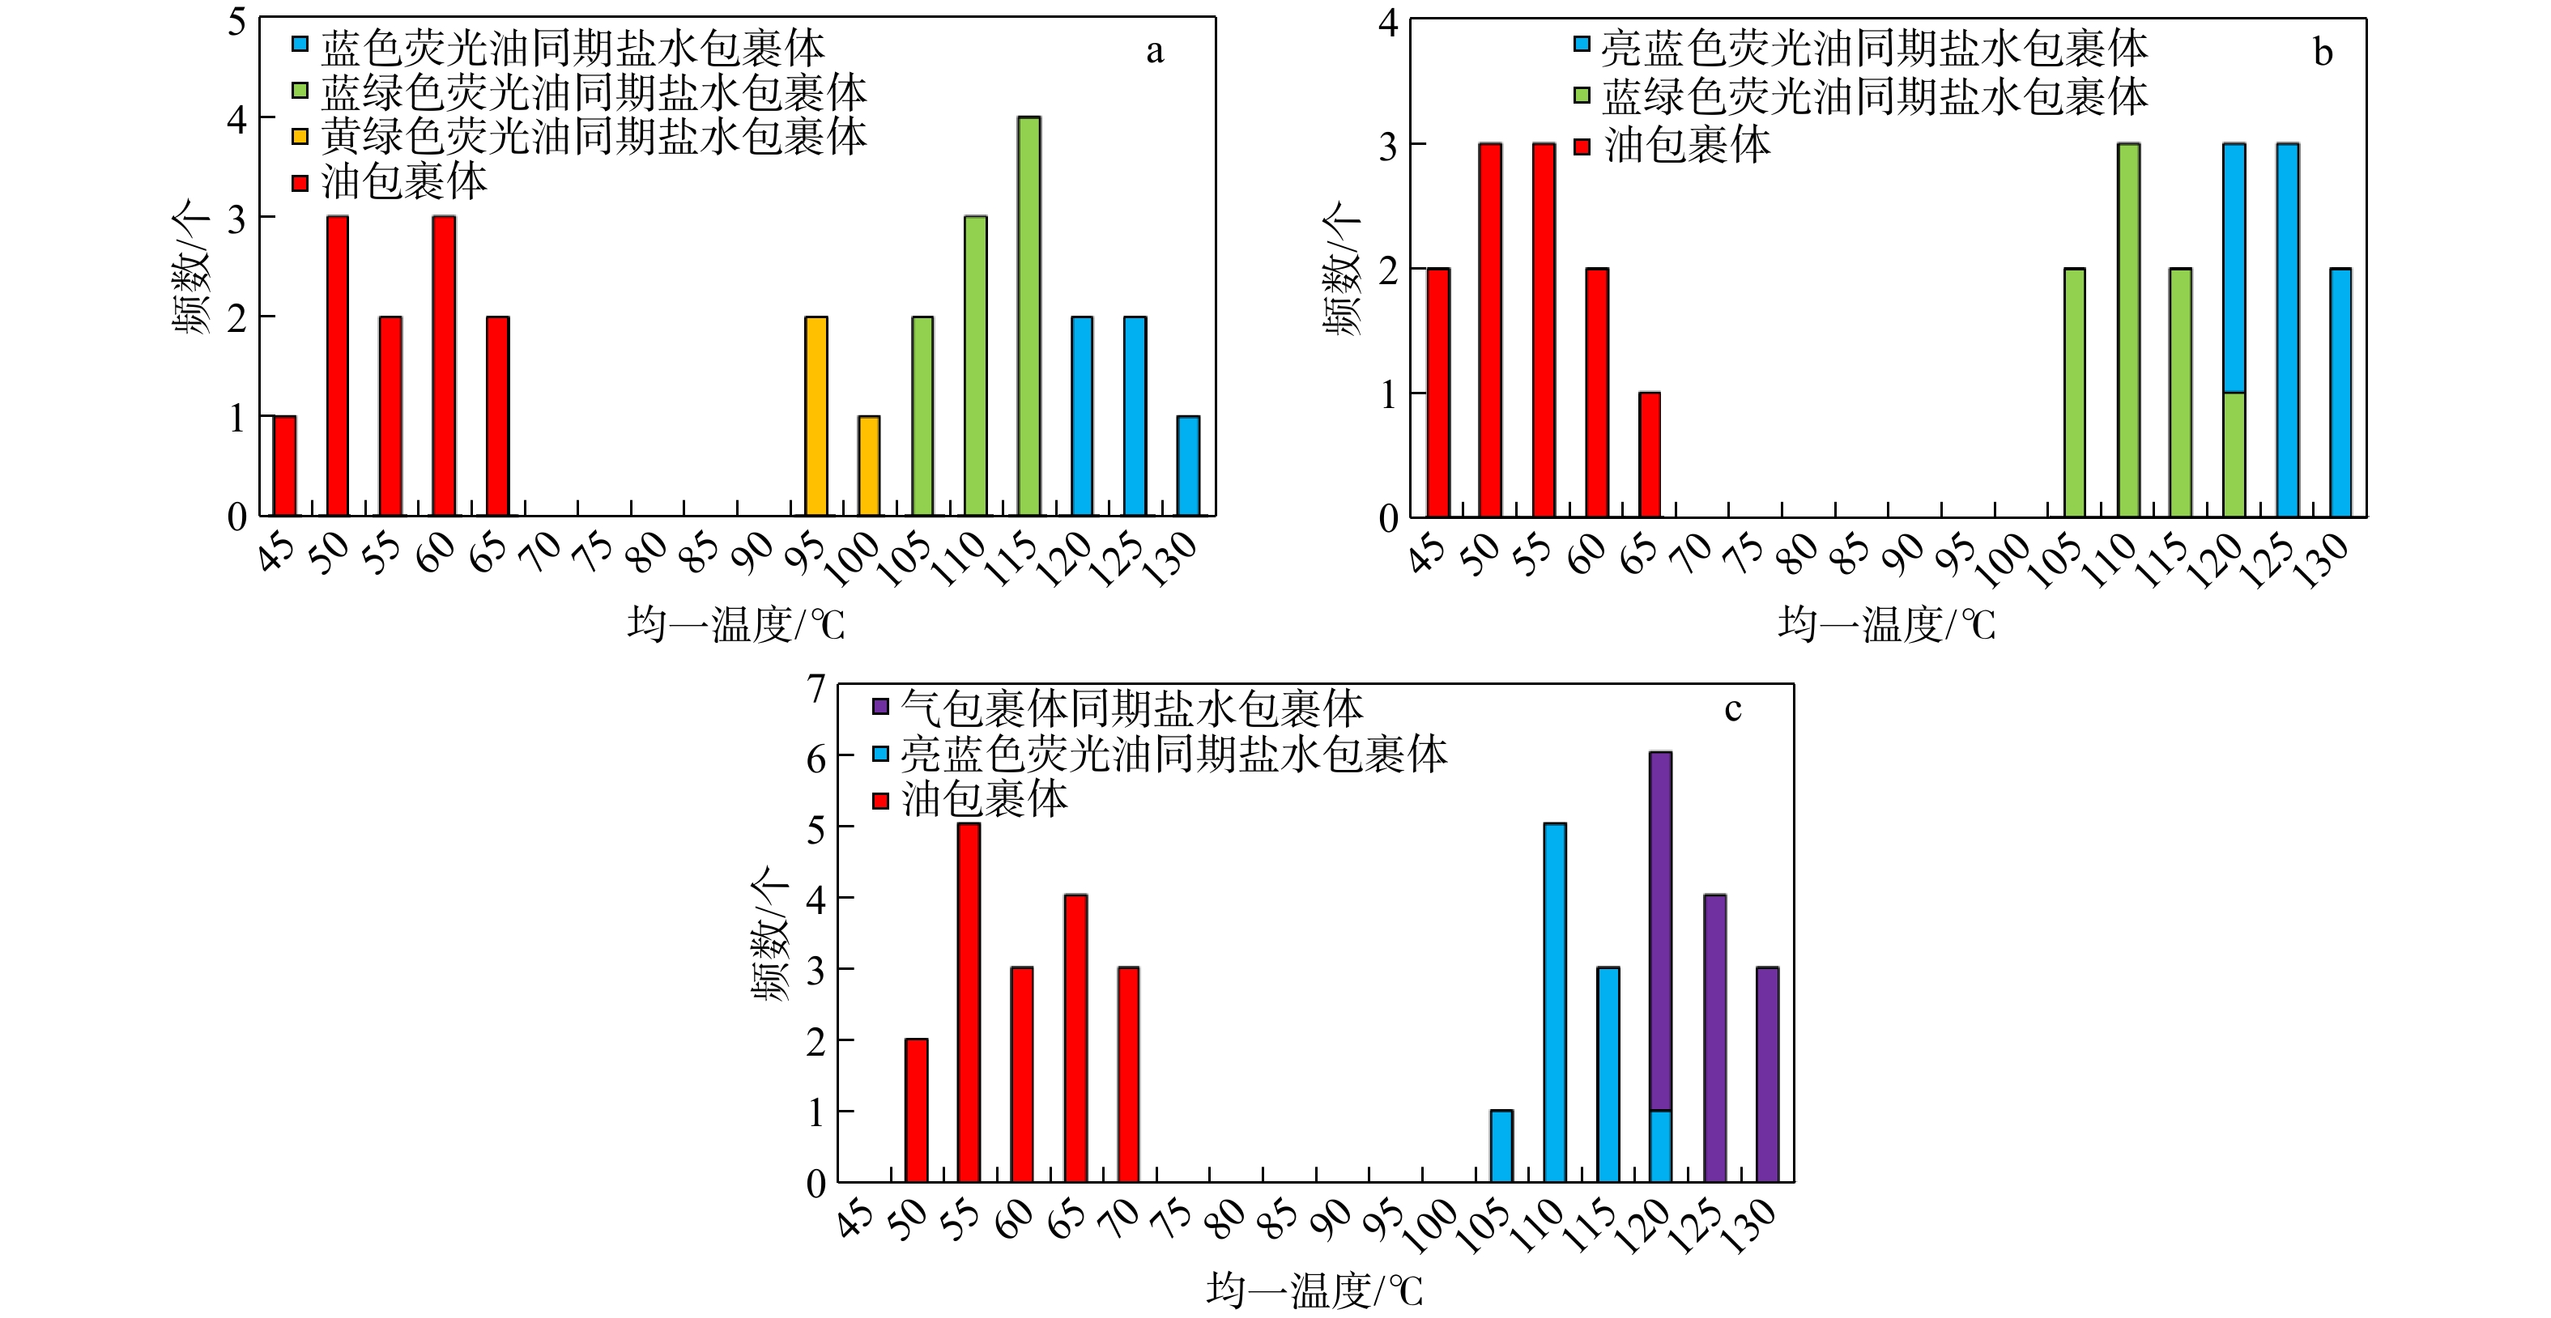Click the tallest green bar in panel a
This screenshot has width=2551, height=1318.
(1029, 316)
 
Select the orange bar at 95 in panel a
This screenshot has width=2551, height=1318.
(816, 416)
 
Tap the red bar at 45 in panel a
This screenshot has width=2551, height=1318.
(284, 466)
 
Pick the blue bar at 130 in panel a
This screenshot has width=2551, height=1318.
(1187, 466)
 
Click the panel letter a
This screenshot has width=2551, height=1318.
(1155, 52)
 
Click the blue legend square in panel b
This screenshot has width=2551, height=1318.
(1582, 45)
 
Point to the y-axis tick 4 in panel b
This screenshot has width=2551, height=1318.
(1387, 21)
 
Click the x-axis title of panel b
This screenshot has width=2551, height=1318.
(1885, 625)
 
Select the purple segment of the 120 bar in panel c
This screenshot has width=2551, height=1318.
(1661, 931)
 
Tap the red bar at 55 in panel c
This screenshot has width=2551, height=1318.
(969, 1002)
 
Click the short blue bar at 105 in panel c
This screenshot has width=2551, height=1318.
(1501, 1146)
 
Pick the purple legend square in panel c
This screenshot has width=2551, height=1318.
(880, 707)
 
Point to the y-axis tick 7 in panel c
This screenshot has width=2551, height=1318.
(816, 687)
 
